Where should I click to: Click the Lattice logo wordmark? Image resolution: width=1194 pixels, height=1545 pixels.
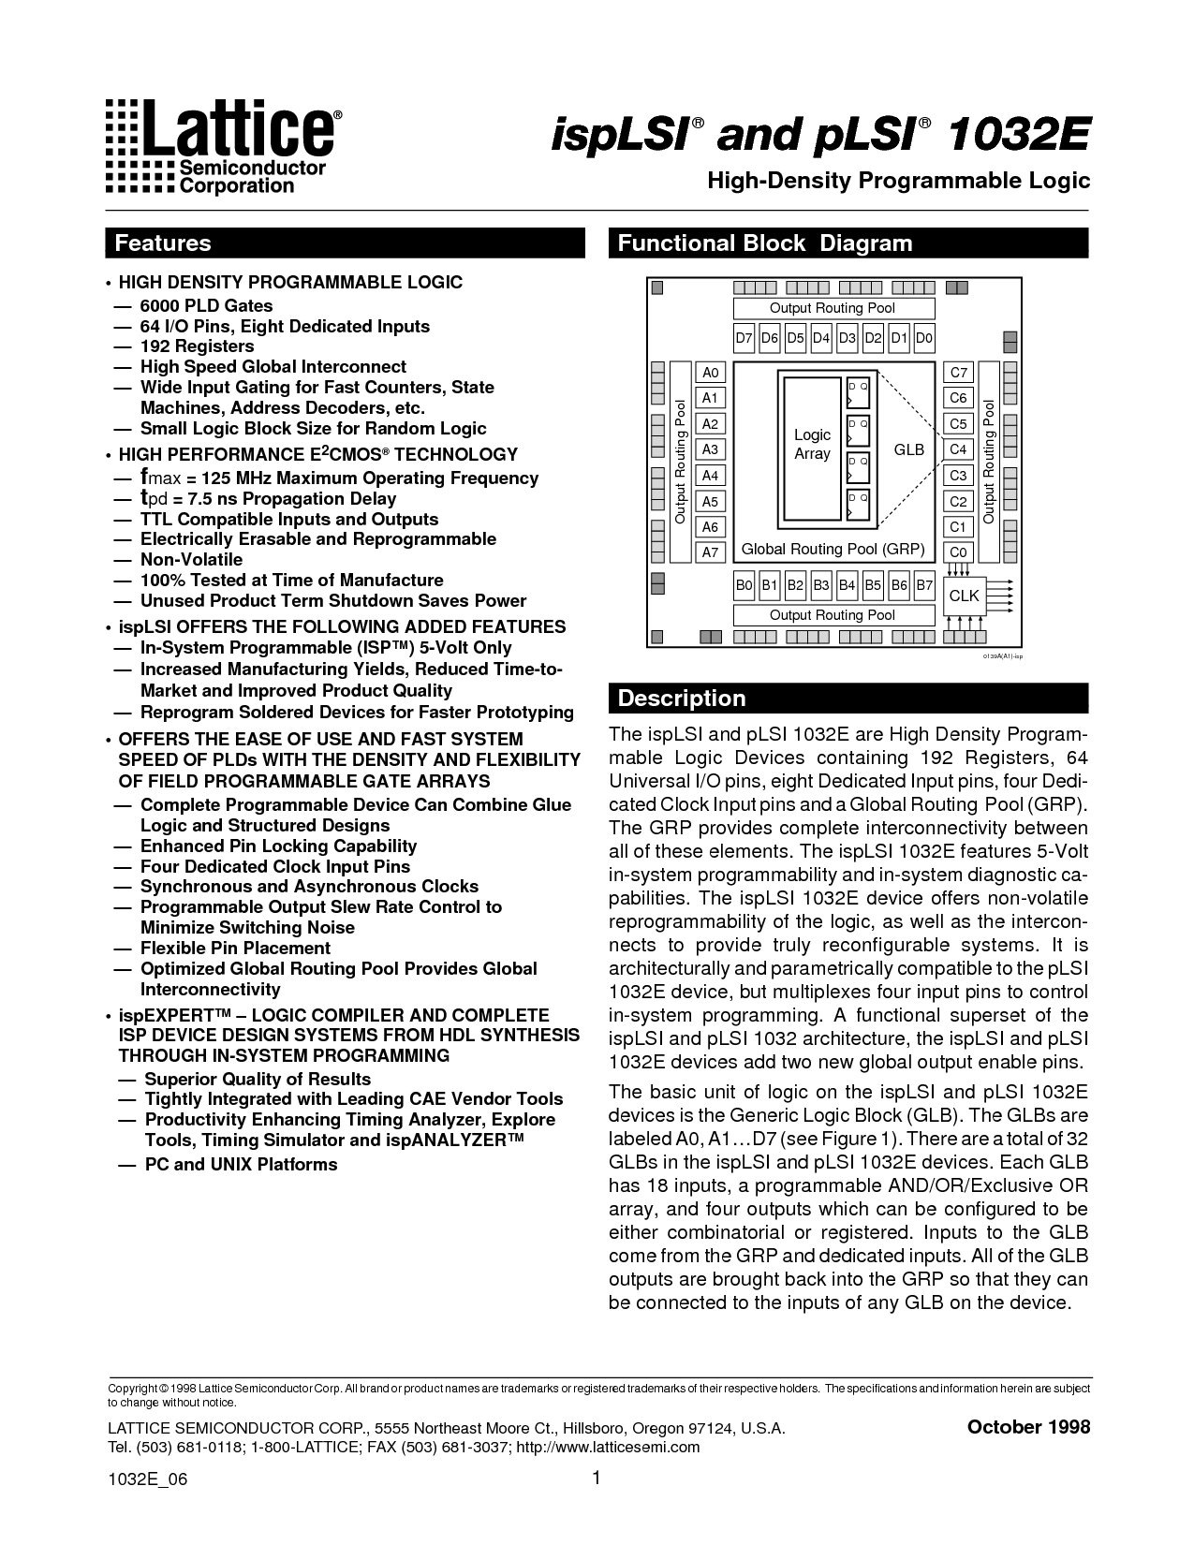click(239, 130)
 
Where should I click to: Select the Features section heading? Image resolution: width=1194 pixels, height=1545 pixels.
click(163, 243)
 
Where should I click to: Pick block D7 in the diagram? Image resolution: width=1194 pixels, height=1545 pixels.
click(744, 338)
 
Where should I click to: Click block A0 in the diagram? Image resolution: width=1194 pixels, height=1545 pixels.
click(710, 373)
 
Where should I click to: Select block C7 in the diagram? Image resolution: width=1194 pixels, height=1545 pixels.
click(958, 373)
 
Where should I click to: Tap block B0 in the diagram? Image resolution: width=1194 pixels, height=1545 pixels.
click(744, 586)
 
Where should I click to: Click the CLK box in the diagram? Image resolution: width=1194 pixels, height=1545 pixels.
click(964, 596)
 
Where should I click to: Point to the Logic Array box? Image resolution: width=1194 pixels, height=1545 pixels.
click(812, 446)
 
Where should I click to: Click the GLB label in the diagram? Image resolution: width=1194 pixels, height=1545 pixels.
click(908, 449)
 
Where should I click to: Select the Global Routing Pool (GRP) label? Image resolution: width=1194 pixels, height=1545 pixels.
click(833, 549)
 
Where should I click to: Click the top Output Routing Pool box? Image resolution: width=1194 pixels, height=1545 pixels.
click(833, 308)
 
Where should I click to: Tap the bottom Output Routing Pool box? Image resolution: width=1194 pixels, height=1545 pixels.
click(833, 615)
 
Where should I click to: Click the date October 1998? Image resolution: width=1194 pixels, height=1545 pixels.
click(1028, 1427)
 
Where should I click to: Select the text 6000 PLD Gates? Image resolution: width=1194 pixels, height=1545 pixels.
click(206, 305)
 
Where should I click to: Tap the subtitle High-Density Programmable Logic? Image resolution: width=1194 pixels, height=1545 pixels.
click(898, 180)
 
